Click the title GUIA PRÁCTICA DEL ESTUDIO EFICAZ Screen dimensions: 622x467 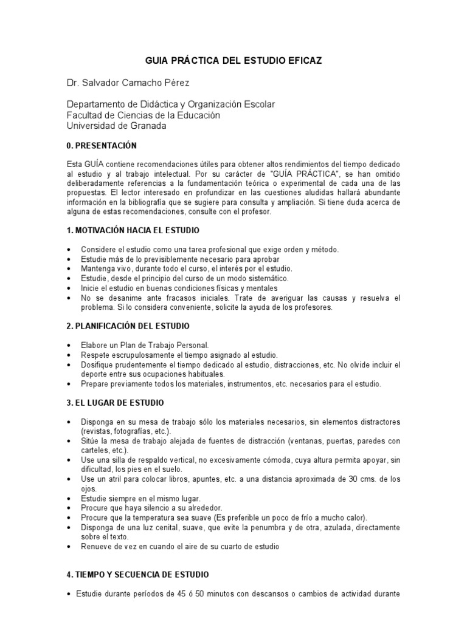(233, 61)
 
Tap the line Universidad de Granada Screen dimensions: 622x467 (116, 126)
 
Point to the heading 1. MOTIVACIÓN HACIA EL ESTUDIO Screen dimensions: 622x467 (133, 231)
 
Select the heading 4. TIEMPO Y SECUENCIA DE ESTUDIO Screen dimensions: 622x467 (138, 574)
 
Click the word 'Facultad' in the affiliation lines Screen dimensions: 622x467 (83, 115)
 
